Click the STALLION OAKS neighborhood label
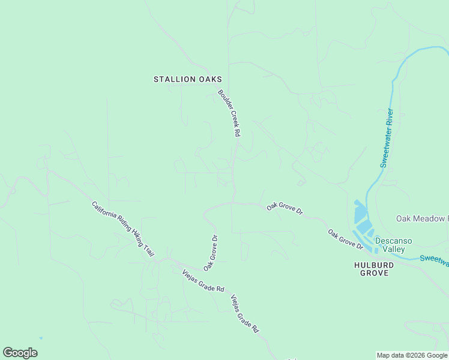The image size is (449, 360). coord(188,79)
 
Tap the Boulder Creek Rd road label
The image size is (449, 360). coord(229,113)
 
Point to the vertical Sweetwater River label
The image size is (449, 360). coord(387,139)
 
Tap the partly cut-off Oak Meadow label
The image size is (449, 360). coord(422,218)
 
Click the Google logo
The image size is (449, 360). coord(20,353)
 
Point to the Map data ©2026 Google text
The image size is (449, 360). coord(412,355)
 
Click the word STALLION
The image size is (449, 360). coord(175,79)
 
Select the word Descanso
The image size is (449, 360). coord(393,241)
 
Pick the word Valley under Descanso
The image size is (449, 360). coord(393,250)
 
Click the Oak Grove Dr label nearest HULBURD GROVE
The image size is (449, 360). coord(346,238)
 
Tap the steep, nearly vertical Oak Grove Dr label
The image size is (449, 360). coord(210,252)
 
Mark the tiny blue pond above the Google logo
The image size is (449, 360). coord(41,338)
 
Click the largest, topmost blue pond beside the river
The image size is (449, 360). coord(360,212)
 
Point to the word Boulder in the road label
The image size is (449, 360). coord(224,100)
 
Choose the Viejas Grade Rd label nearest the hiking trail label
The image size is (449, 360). coord(203,281)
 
